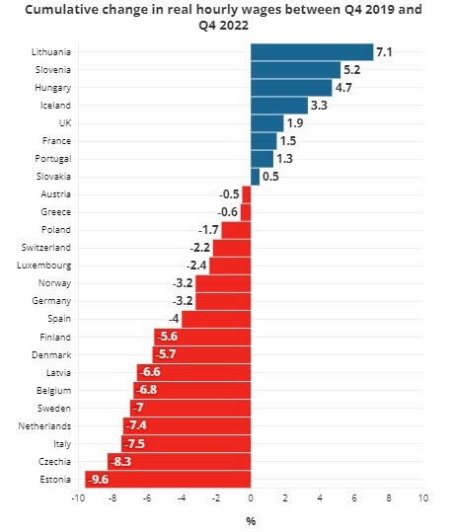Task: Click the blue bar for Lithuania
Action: [312, 52]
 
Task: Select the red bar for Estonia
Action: [168, 479]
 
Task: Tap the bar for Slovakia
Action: [256, 177]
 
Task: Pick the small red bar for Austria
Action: [247, 194]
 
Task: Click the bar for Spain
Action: [216, 319]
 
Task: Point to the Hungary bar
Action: [291, 88]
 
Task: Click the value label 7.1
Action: [384, 52]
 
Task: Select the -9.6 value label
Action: [99, 480]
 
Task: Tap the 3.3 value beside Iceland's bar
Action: [319, 106]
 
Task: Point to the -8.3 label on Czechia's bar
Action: [120, 462]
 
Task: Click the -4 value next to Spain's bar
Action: [174, 319]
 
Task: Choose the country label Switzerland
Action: [46, 248]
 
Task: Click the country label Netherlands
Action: [44, 426]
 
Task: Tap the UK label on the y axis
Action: [65, 122]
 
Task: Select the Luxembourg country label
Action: [44, 266]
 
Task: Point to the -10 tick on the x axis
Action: [78, 498]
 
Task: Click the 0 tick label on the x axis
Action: [251, 498]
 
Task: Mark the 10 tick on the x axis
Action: [423, 498]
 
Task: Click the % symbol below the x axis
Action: [251, 521]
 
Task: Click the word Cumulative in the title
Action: [61, 9]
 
